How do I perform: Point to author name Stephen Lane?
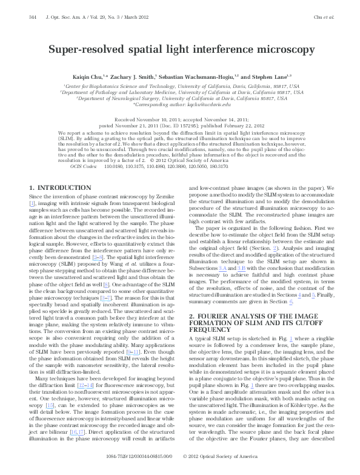275,77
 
